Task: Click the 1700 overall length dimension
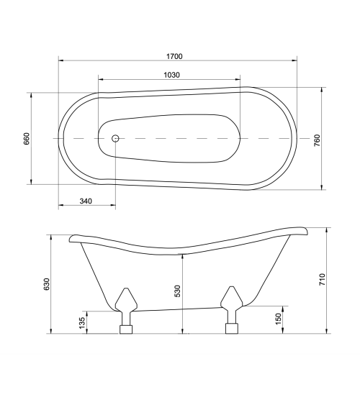pyautogui.click(x=173, y=56)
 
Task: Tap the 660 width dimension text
pyautogui.click(x=27, y=138)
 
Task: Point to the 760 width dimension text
pyautogui.click(x=317, y=140)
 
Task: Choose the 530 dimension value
pyautogui.click(x=177, y=291)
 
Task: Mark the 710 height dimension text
pyautogui.click(x=323, y=281)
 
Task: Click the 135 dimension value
pyautogui.click(x=81, y=322)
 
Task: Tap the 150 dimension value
pyautogui.click(x=278, y=319)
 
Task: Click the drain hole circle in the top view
pyautogui.click(x=114, y=137)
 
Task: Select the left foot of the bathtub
pyautogui.click(x=127, y=302)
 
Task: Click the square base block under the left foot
pyautogui.click(x=127, y=329)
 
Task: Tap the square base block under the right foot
pyautogui.click(x=232, y=329)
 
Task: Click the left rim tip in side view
pyautogui.click(x=72, y=237)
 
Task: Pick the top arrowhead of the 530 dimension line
pyautogui.click(x=183, y=255)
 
